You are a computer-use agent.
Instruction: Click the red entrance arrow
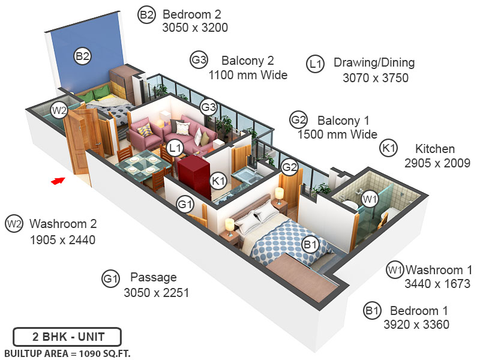click(58, 180)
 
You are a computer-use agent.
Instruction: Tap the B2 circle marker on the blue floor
click(82, 56)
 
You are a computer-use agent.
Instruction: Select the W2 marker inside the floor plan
click(59, 110)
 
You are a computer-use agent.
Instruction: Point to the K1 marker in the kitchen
click(218, 179)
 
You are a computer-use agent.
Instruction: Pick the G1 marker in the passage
click(185, 205)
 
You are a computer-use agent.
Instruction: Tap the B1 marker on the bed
click(310, 244)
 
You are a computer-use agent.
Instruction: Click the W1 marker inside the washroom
click(370, 198)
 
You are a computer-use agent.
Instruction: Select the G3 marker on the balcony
click(208, 107)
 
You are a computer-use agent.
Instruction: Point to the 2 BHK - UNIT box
click(67, 336)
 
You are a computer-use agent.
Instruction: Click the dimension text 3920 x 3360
click(416, 325)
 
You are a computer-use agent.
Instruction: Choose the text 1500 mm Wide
click(337, 134)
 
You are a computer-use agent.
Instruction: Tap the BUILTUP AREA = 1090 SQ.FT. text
click(67, 353)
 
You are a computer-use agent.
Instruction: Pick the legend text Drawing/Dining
click(374, 63)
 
